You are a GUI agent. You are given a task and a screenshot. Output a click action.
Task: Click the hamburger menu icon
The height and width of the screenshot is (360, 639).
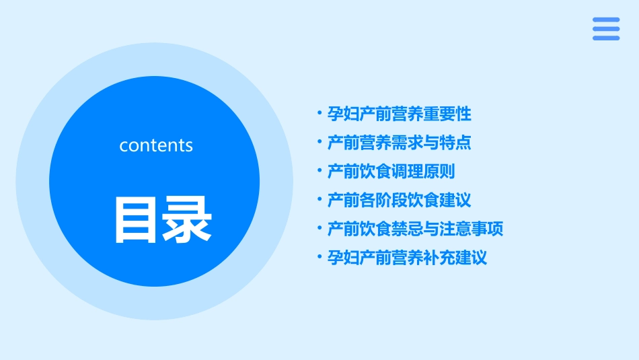[x=606, y=29]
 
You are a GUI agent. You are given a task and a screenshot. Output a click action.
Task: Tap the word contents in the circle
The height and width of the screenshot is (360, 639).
[x=156, y=145]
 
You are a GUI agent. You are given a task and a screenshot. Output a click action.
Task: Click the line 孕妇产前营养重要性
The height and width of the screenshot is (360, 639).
[x=399, y=114]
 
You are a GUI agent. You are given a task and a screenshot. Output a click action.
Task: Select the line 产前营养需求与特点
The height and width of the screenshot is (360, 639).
[x=399, y=143]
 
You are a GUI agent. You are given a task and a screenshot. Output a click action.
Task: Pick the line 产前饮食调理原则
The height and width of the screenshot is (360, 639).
[x=391, y=172]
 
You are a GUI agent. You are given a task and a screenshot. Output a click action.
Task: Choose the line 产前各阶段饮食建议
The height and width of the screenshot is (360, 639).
[x=399, y=200]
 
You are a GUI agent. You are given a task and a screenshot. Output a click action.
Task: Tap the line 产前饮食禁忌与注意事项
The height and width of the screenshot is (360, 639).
[x=415, y=229]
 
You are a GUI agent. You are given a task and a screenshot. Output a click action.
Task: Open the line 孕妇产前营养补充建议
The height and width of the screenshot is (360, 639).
[x=407, y=258]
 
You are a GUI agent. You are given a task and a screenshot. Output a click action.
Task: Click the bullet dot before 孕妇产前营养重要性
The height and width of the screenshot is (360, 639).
[x=319, y=114]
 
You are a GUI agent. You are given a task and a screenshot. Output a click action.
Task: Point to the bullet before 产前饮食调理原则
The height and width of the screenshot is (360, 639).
[x=319, y=172]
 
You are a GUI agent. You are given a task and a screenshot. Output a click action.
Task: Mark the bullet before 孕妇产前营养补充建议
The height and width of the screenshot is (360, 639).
[x=319, y=258]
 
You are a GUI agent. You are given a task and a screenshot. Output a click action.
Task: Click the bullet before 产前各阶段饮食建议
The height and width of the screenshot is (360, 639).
[x=319, y=200]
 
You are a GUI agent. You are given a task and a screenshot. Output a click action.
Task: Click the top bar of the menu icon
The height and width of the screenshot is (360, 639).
[x=606, y=20]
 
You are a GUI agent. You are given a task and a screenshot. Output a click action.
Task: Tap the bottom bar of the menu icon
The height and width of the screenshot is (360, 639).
[x=606, y=38]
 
